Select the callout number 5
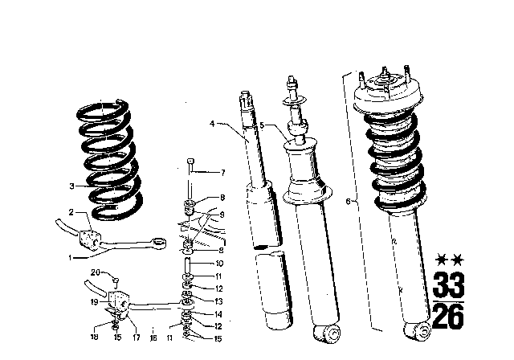(x=261, y=125)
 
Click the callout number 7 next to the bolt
(x=223, y=173)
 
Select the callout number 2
(x=71, y=212)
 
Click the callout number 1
(x=71, y=258)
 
